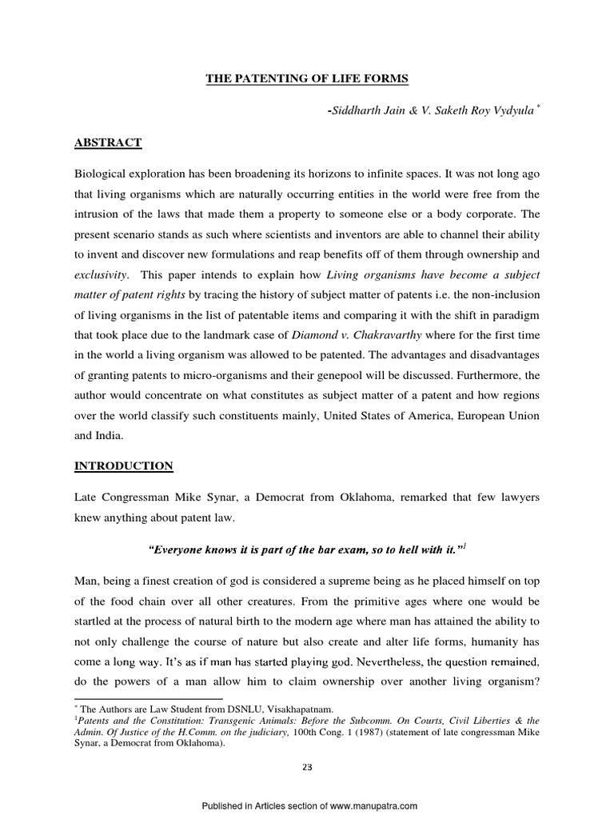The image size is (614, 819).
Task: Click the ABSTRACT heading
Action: [108, 142]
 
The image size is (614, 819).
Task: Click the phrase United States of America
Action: [378, 415]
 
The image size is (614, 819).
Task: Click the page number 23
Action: [307, 767]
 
